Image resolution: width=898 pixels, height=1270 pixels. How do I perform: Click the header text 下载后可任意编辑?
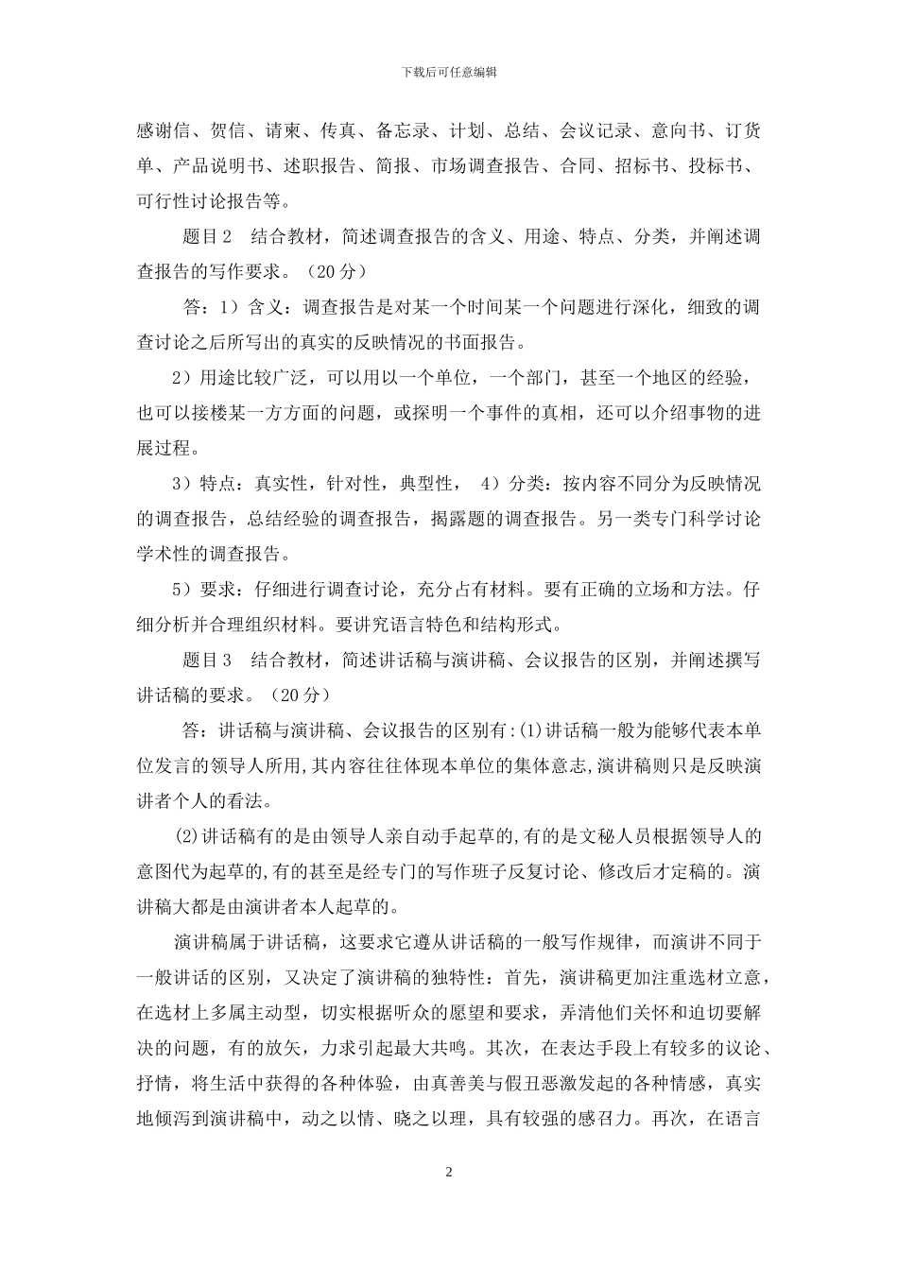click(x=449, y=72)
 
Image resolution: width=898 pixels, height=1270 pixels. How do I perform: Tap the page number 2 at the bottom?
click(x=449, y=1173)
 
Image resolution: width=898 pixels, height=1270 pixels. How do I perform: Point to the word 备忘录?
click(x=401, y=130)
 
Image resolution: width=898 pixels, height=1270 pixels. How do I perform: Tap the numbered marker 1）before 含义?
click(x=229, y=308)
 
